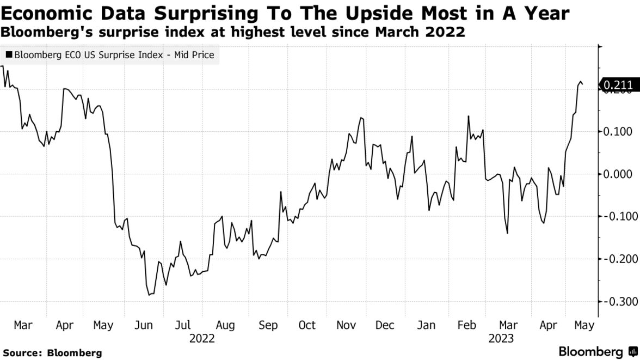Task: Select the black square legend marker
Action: coord(9,55)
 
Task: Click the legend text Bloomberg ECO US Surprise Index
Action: coord(87,55)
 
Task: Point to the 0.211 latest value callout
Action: coord(619,84)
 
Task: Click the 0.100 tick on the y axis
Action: coord(619,132)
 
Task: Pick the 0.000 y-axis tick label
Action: coord(619,174)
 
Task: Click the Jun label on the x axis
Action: coord(144,326)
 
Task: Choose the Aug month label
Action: coord(225,326)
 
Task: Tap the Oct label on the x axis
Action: coord(307,326)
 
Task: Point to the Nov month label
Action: coord(346,326)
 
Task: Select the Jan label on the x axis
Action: coord(426,326)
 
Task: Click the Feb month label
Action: coord(467,326)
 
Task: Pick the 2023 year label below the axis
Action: coord(501,339)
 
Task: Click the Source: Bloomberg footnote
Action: coord(51,353)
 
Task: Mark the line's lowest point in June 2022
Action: coord(149,295)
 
